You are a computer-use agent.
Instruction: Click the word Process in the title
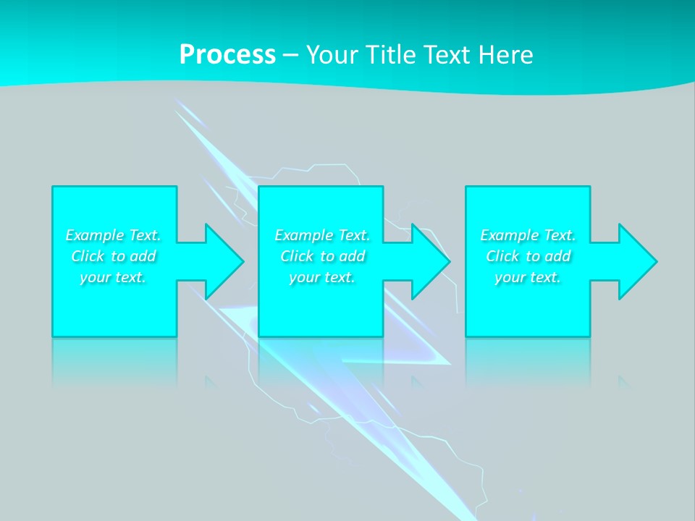point(227,55)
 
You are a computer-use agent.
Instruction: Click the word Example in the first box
point(95,235)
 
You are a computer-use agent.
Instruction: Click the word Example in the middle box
point(304,235)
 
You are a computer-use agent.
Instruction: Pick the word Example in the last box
point(510,235)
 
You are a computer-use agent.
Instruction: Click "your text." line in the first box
point(113,277)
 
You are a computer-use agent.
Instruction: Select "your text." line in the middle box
point(322,277)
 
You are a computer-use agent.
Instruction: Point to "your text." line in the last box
point(528,277)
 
